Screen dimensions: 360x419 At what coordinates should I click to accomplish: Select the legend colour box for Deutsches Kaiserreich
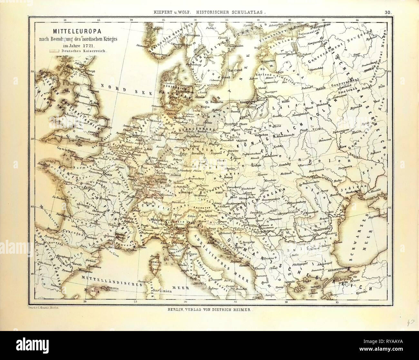(x=54, y=51)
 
